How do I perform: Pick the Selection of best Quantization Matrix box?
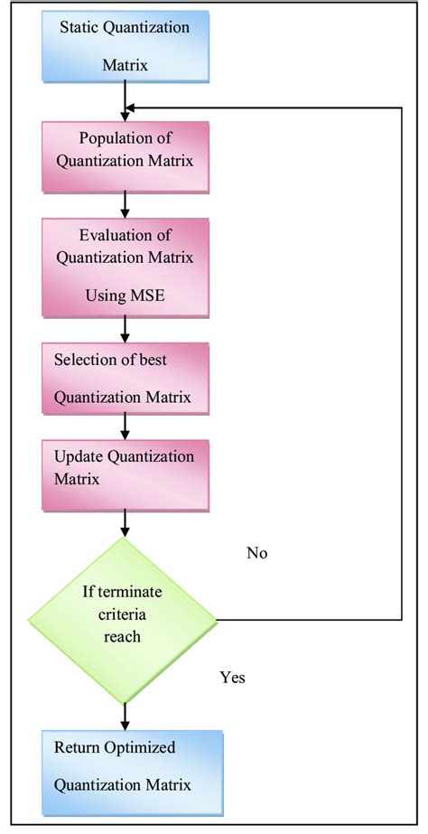pyautogui.click(x=125, y=378)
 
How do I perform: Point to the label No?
pyautogui.click(x=257, y=553)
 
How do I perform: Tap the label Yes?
pyautogui.click(x=232, y=677)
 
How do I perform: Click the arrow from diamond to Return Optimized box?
pyautogui.click(x=125, y=717)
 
